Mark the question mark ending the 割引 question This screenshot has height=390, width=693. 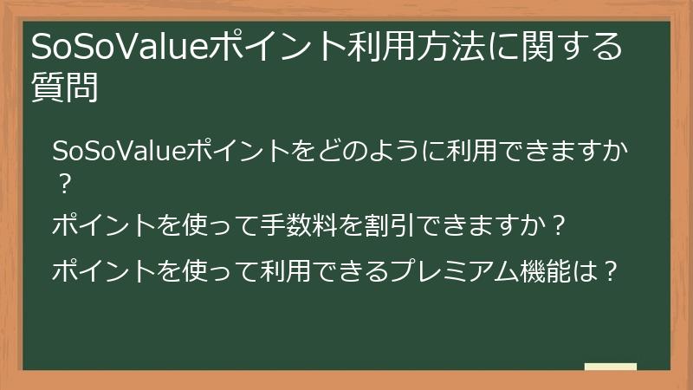(x=559, y=226)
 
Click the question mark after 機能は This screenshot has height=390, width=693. (x=611, y=271)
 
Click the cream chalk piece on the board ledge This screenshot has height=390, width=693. (x=610, y=367)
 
